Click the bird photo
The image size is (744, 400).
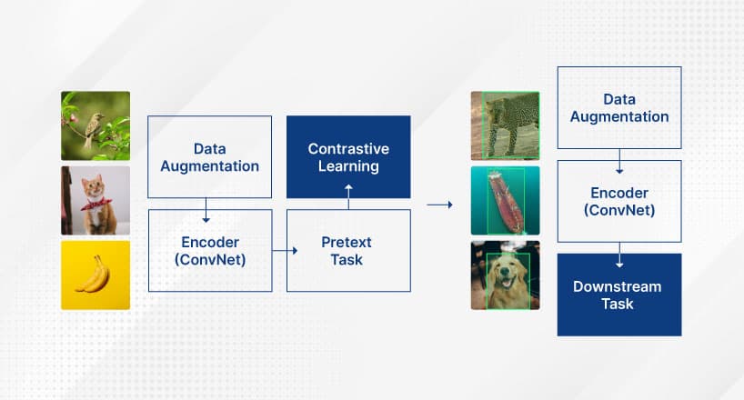[x=96, y=125]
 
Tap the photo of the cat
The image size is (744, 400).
[x=96, y=200]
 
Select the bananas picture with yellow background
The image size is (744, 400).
[x=96, y=275]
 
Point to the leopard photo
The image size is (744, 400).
[x=505, y=125]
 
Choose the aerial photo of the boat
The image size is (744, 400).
[x=505, y=200]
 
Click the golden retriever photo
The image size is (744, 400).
[x=505, y=275]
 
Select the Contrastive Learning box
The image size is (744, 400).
[x=348, y=157]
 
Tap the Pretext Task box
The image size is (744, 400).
[x=348, y=250]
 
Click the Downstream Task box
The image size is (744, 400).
[x=618, y=295]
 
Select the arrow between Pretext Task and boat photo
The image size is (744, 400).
[x=440, y=205]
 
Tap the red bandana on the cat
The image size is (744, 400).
[x=94, y=203]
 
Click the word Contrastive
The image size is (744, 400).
[x=348, y=148]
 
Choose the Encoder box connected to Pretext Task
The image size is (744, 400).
[x=210, y=250]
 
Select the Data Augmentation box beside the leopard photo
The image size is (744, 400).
[x=618, y=107]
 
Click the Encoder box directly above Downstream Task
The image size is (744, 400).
[x=618, y=201]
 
